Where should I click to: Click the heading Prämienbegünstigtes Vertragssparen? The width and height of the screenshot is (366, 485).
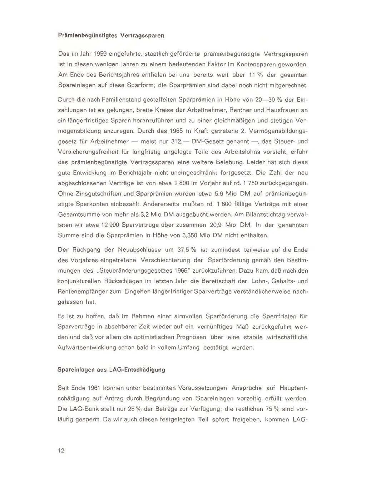111,36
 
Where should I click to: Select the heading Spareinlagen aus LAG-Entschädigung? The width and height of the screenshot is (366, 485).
111,370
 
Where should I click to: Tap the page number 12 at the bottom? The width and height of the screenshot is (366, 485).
61,451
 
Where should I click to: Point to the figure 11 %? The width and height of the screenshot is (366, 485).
251,75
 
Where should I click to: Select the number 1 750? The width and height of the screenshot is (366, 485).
275,183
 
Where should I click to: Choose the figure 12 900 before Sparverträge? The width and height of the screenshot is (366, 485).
110,225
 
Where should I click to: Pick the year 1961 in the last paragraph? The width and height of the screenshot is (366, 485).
92,388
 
